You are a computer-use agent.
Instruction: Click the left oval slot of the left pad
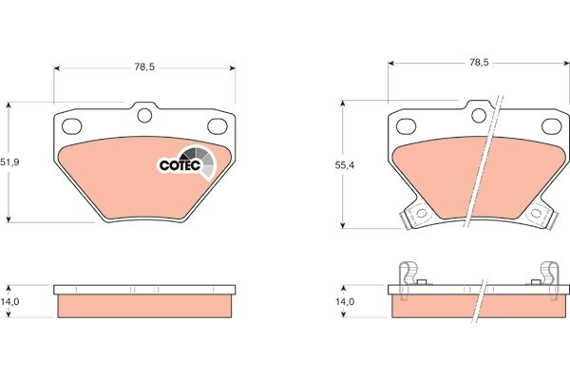pyautogui.click(x=70, y=125)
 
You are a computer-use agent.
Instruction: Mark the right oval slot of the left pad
pyautogui.click(x=220, y=125)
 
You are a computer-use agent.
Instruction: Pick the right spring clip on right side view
pyautogui.click(x=548, y=274)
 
